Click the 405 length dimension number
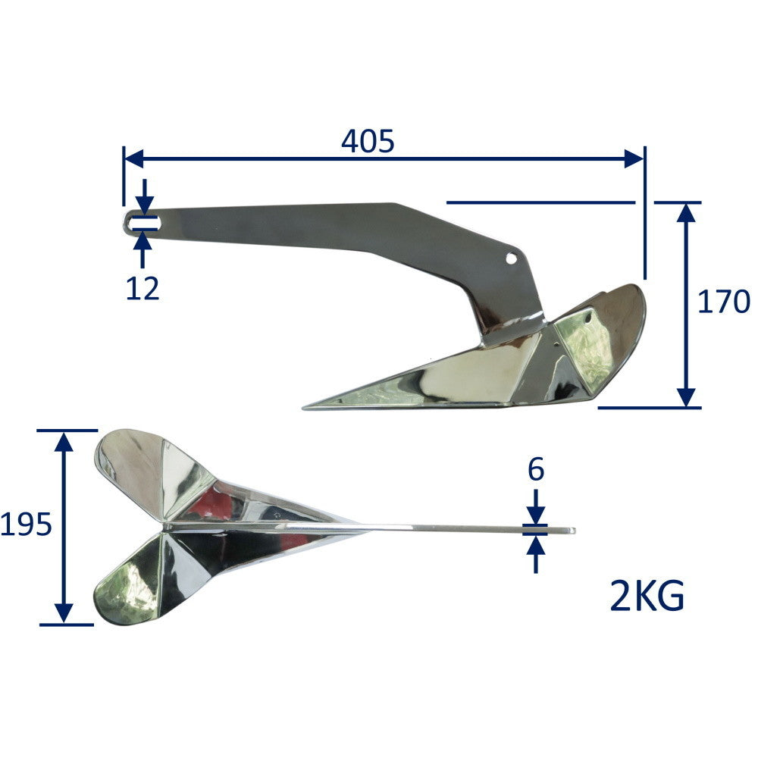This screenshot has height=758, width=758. click(368, 141)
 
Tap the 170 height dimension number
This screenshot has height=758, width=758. click(723, 302)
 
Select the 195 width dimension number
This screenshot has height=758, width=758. click(27, 525)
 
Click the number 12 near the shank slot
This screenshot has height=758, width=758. click(143, 288)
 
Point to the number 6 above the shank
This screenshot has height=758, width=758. click(536, 471)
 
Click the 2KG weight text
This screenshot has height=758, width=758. click(647, 597)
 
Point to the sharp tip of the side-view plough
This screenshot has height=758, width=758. click(306, 407)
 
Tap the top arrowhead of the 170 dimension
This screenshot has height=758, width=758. click(686, 212)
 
